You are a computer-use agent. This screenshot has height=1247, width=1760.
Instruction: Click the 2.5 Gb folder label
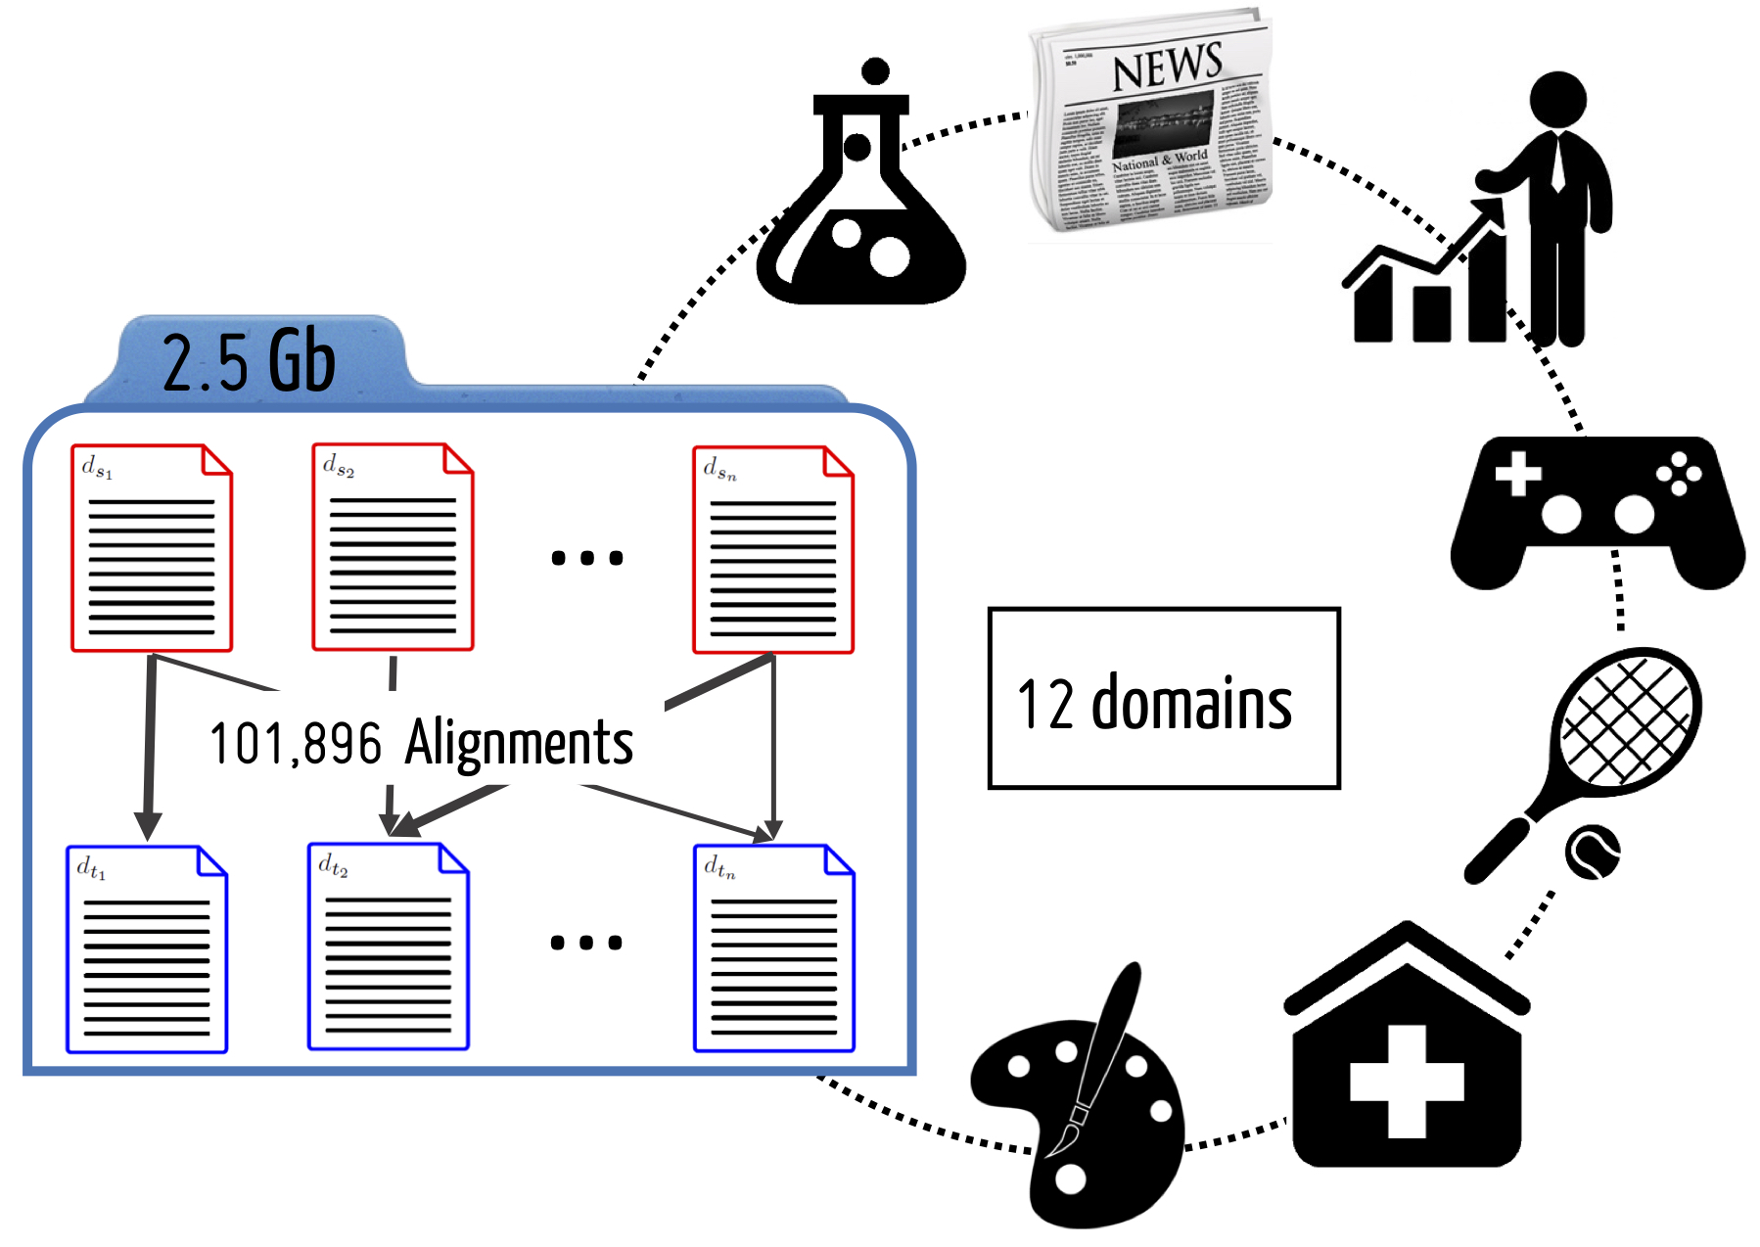249,362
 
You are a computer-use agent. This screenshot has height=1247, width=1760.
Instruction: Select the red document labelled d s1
152,548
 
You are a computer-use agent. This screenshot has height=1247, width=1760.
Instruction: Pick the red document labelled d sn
773,549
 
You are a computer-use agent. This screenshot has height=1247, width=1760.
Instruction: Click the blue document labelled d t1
147,949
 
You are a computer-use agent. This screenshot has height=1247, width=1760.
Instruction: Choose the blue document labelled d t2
389,947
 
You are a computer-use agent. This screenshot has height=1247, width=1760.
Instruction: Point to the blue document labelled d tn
774,948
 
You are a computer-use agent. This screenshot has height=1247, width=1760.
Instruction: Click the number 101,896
295,744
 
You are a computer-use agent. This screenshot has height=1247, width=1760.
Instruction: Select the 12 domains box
1164,698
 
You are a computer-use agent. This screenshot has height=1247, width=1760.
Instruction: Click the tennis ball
1593,853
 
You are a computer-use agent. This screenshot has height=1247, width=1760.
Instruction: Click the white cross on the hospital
1407,1082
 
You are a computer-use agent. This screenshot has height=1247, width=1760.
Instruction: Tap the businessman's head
1557,100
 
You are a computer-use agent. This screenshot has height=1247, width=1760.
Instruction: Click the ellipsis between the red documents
587,558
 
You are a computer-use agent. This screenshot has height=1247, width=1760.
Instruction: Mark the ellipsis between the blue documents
586,943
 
